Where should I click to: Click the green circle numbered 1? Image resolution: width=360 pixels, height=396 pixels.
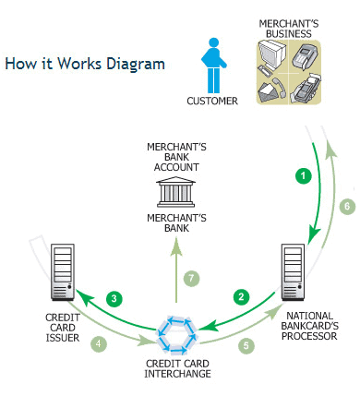coord(304,176)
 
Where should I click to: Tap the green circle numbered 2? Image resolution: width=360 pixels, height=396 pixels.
coord(241,296)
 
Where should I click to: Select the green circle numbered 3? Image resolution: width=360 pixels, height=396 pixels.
coord(114,298)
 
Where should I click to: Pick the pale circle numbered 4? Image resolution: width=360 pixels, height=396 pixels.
coord(99,343)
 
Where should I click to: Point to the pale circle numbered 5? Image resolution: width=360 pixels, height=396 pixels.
coord(246,345)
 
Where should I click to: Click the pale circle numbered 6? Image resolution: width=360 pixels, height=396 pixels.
coord(347,206)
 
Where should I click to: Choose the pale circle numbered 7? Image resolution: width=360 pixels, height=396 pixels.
coord(191,279)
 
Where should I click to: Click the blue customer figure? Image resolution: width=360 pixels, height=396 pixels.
coord(214,66)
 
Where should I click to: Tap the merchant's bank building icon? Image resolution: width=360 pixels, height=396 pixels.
coord(175,192)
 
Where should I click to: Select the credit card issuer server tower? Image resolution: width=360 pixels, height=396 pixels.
coord(63,272)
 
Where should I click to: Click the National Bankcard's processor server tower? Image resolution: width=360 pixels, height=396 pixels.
coord(294,272)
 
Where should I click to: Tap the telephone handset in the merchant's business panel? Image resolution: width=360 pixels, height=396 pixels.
coord(279,87)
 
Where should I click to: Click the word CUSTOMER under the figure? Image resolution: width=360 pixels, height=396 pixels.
coord(212,101)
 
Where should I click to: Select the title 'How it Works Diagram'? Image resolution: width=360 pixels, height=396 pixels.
coord(85,64)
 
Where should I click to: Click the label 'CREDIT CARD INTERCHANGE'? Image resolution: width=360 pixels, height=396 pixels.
coord(177,368)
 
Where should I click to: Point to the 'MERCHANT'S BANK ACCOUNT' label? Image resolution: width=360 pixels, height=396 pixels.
coord(176,157)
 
